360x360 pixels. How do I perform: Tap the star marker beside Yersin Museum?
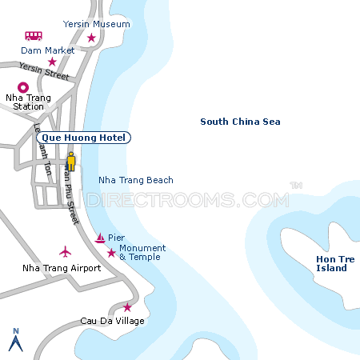tap(91, 38)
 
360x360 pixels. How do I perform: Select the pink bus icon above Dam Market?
tap(34, 36)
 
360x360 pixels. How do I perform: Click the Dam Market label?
tap(47, 50)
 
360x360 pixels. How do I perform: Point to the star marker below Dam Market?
tap(52, 62)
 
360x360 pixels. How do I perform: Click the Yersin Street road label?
tap(45, 72)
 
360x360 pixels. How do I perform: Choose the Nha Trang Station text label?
tap(28, 102)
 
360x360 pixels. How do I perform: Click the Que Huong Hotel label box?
tap(83, 138)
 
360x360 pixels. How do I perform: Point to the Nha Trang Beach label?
tap(135, 180)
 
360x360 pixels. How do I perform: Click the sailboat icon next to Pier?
tap(100, 238)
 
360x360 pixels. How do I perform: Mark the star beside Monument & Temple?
tap(110, 254)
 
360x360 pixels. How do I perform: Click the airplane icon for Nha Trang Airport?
tap(66, 252)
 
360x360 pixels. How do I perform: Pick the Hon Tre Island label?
tap(331, 263)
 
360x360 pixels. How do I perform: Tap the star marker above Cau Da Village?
tap(127, 307)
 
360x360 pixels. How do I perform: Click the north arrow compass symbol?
tap(14, 339)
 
